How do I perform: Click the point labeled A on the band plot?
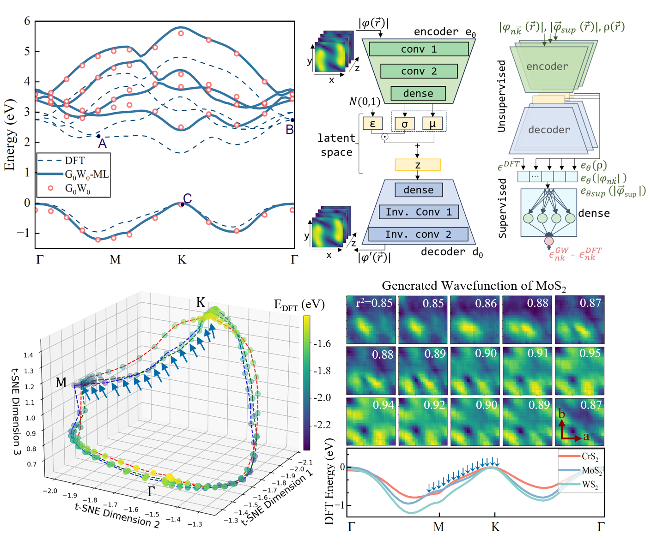[x=98, y=136]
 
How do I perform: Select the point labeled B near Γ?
[x=292, y=120]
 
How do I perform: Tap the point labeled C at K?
[x=182, y=204]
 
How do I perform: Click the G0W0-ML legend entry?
[x=86, y=174]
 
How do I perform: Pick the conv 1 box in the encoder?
[x=419, y=49]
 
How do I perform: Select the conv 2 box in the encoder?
[x=419, y=71]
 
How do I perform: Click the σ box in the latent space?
[x=404, y=124]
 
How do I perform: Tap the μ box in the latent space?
[x=432, y=124]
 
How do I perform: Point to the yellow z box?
[x=418, y=165]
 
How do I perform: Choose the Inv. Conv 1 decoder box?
[x=419, y=212]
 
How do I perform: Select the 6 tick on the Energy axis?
[x=27, y=21]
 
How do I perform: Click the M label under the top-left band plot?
[x=115, y=260]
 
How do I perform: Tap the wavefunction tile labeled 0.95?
[x=579, y=371]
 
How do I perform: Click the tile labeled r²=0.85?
[x=371, y=319]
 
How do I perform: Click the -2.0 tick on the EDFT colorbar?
[x=322, y=397]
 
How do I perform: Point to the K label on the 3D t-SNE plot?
[x=201, y=302]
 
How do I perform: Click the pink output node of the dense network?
[x=549, y=241]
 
